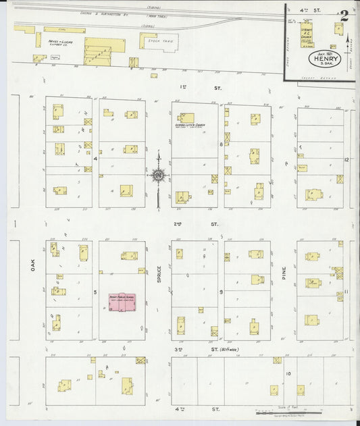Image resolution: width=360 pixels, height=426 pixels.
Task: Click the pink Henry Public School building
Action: tap(122, 301)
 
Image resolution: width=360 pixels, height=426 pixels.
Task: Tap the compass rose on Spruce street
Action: tap(158, 176)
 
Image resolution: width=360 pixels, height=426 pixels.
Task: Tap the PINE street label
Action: tap(284, 273)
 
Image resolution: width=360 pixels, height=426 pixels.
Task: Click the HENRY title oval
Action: tap(321, 59)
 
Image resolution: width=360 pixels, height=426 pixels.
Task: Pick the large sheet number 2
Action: tap(344, 16)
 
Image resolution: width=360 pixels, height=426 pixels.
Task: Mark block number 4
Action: tap(96, 159)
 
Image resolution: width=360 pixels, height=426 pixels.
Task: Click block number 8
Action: tap(220, 144)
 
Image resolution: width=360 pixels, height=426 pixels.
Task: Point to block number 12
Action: tap(346, 160)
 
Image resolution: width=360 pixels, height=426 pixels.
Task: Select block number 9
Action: tap(220, 291)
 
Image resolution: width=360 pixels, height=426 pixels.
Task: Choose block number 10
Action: tap(288, 373)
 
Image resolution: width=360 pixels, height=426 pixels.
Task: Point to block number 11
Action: tap(346, 291)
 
